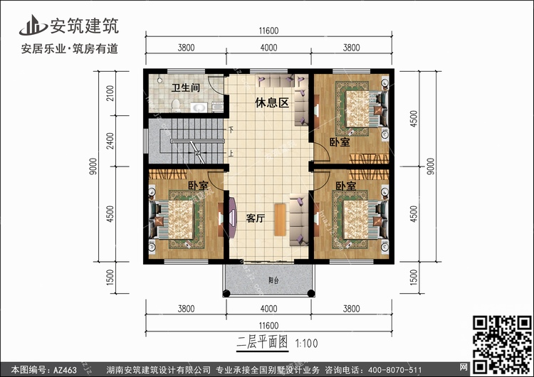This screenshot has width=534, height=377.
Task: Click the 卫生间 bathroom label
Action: (x=184, y=87)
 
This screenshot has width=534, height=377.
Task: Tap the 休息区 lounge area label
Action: (x=272, y=103)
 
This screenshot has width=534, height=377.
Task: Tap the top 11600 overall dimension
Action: (x=268, y=30)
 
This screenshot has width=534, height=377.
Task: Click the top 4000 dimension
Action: (x=268, y=48)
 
